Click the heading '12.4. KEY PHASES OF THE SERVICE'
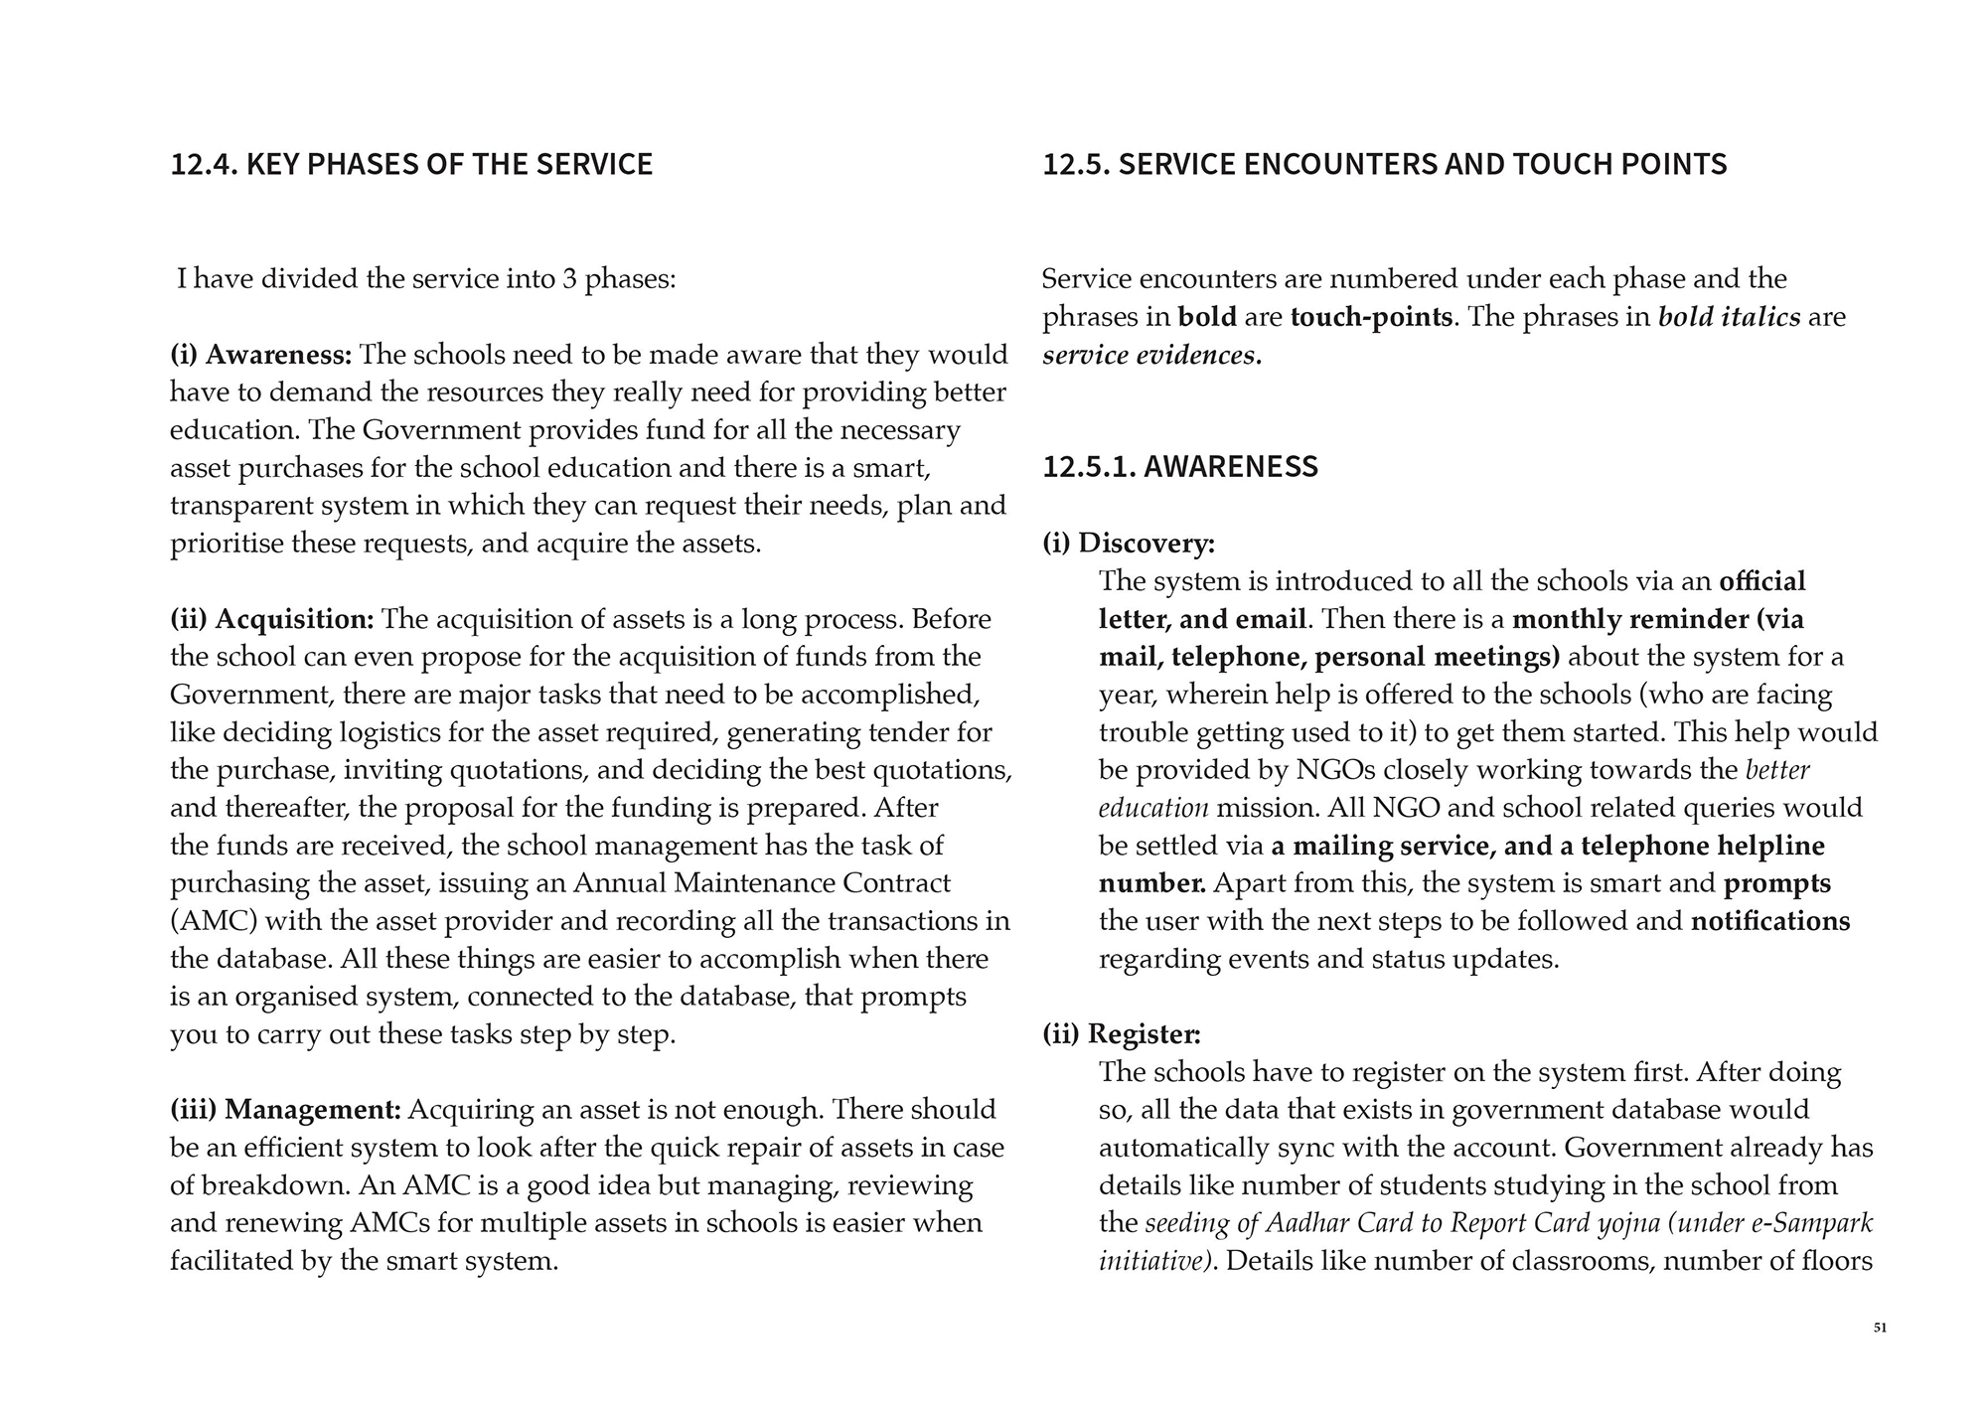411,164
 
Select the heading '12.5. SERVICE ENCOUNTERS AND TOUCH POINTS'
1384,164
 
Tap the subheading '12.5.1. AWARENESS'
1180,466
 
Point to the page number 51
1880,1327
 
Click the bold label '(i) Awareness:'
261,355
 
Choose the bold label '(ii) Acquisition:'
272,619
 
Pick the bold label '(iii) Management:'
286,1109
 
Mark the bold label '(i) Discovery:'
1129,544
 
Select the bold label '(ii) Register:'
1122,1034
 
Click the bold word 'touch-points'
1371,317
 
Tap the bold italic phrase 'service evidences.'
1151,355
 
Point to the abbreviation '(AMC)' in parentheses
215,921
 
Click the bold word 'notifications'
1769,921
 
